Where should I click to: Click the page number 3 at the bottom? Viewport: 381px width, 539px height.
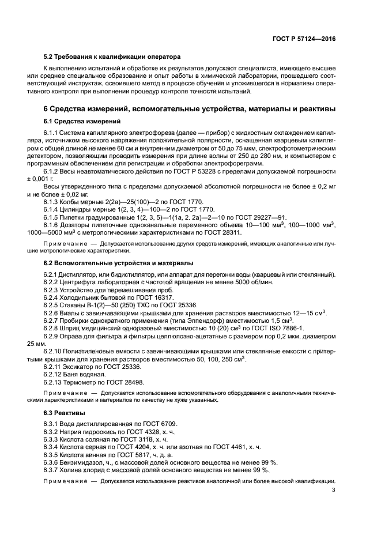(334, 491)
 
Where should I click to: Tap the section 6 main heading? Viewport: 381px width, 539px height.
(190, 109)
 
